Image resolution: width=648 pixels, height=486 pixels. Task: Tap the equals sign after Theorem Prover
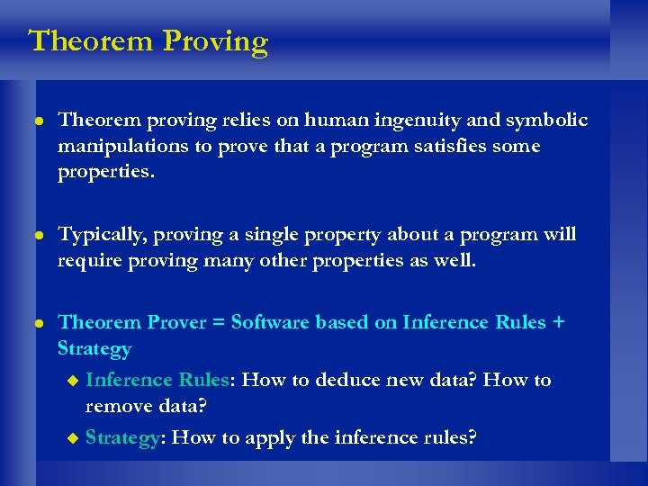220,323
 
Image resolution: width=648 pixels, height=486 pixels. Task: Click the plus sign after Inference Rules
559,323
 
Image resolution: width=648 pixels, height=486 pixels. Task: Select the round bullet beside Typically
36,236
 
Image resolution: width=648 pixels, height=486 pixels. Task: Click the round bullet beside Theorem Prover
36,323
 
